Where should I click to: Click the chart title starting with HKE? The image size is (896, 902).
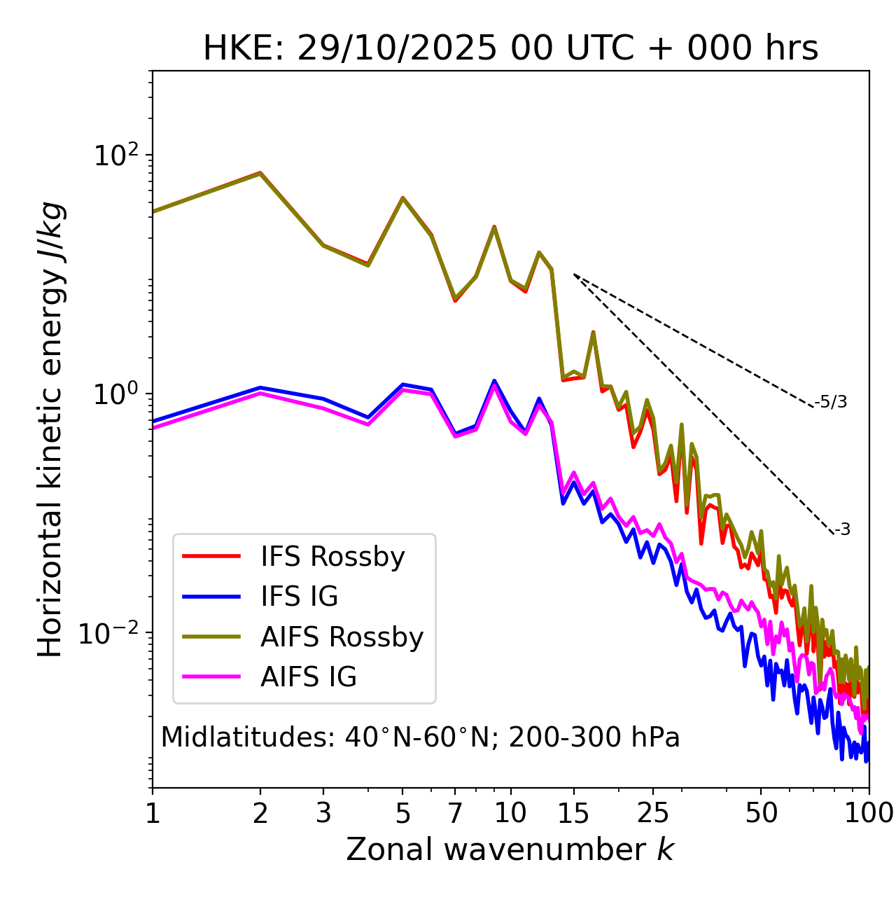pyautogui.click(x=510, y=49)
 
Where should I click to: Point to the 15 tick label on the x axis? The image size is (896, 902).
pyautogui.click(x=573, y=813)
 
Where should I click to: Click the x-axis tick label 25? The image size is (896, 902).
pyautogui.click(x=653, y=813)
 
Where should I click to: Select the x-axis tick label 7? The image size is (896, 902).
pyautogui.click(x=455, y=813)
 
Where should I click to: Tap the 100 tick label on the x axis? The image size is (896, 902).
pyautogui.click(x=868, y=813)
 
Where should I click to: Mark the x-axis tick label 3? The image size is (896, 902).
pyautogui.click(x=323, y=813)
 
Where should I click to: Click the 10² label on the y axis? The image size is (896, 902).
pyautogui.click(x=115, y=155)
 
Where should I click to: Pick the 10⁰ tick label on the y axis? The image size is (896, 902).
pyautogui.click(x=115, y=394)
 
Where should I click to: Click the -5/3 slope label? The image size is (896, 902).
pyautogui.click(x=831, y=402)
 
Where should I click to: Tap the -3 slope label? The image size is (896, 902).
pyautogui.click(x=842, y=530)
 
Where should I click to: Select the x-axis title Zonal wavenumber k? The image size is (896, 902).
pyautogui.click(x=510, y=849)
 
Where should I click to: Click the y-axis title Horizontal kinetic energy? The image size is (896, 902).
pyautogui.click(x=50, y=429)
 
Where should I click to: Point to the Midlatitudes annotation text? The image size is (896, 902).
pyautogui.click(x=420, y=737)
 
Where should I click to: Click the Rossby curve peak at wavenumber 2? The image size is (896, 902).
pyautogui.click(x=260, y=172)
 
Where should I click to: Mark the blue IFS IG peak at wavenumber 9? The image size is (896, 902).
pyautogui.click(x=494, y=381)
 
